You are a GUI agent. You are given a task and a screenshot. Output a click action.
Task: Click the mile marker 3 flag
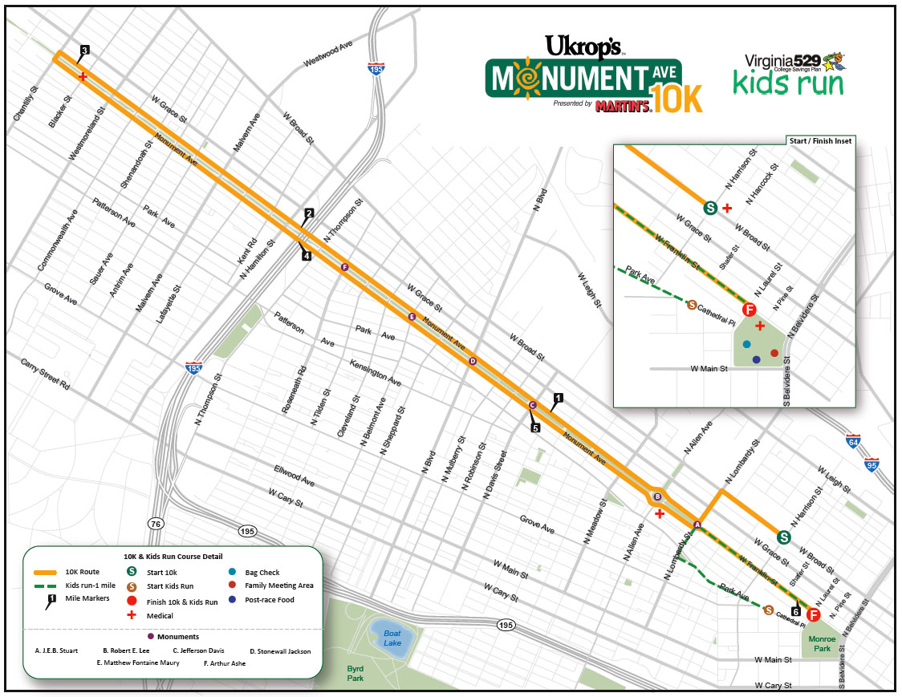84,51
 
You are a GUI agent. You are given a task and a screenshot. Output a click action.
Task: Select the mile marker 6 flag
795,612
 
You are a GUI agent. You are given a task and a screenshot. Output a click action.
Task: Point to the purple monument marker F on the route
344,267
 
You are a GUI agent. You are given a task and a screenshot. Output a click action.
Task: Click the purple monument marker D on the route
473,361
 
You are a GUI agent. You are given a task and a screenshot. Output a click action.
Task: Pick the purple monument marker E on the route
412,317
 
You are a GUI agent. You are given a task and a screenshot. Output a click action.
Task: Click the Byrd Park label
355,673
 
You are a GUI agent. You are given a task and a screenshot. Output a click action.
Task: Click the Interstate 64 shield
854,440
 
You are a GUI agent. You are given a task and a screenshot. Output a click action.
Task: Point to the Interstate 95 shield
872,464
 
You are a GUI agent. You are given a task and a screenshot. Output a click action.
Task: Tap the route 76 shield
156,524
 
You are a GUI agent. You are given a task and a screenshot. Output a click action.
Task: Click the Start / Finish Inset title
821,140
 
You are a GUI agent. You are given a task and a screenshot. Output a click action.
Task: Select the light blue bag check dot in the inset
747,344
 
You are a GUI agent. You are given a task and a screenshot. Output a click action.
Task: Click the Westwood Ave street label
327,55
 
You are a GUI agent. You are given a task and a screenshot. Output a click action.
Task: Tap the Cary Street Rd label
45,374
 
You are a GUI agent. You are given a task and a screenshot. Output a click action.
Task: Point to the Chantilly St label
26,104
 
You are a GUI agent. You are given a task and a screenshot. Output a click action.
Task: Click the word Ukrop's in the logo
581,46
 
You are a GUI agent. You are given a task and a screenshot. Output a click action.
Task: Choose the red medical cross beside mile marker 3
83,76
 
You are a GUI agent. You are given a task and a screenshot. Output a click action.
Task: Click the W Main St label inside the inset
709,369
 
